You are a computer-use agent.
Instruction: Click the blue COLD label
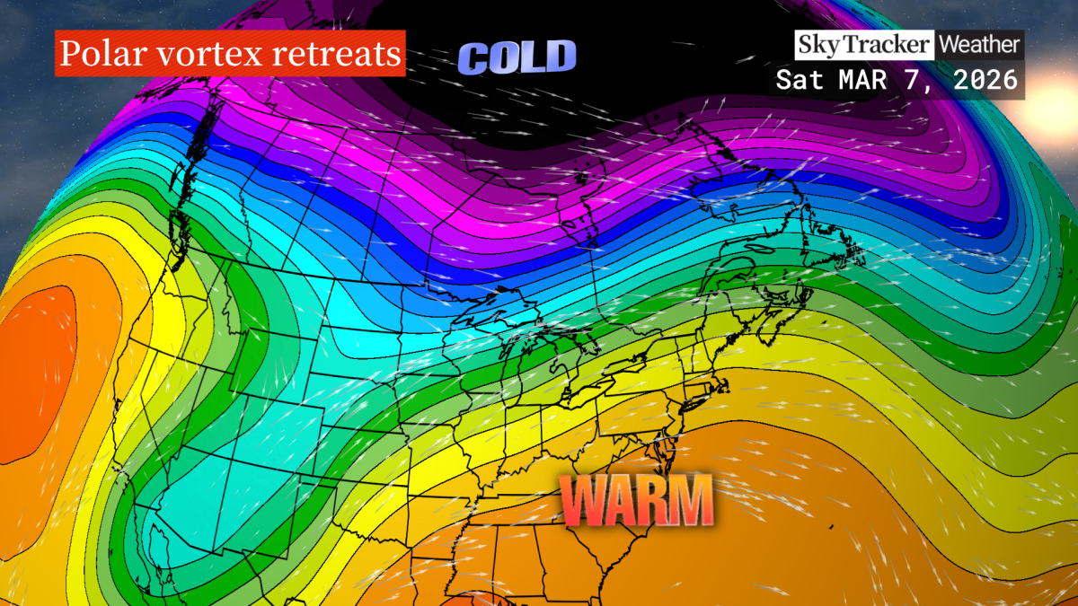point(517,58)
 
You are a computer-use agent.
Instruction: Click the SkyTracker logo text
point(862,43)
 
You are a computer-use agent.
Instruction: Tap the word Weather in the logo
point(979,43)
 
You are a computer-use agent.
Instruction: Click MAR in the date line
point(861,79)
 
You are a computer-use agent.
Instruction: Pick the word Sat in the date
point(799,79)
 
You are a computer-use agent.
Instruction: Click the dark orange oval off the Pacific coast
point(36,368)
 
